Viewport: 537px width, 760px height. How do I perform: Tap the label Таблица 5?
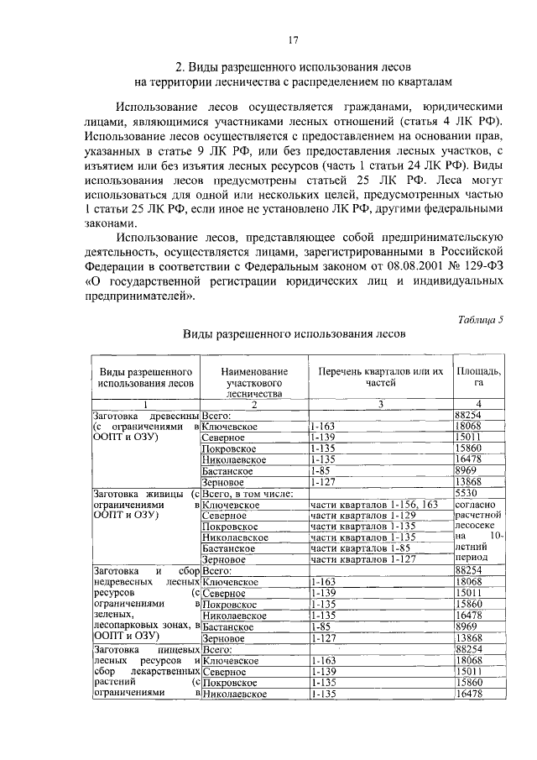tap(481, 317)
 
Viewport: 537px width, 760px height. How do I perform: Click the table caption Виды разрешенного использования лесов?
tap(295, 333)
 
